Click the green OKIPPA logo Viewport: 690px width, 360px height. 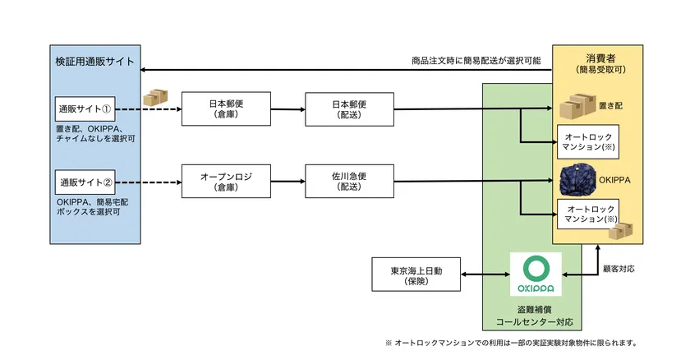click(x=535, y=274)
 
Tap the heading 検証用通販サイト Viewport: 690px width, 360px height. click(x=94, y=62)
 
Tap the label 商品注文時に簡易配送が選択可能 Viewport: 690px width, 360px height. click(x=476, y=61)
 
